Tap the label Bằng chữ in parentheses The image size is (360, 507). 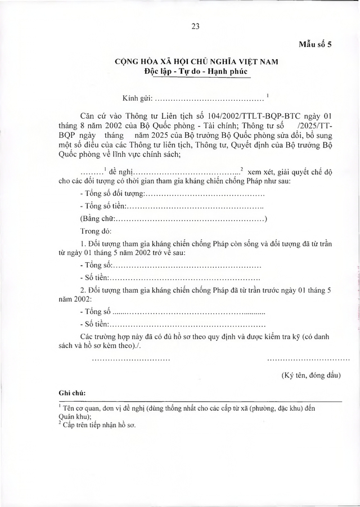tap(98, 219)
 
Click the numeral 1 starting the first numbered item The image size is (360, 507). tap(83, 244)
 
